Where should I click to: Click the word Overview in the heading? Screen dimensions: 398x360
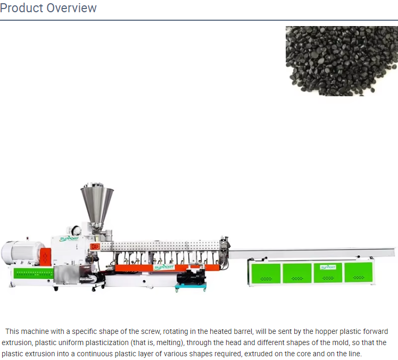72,8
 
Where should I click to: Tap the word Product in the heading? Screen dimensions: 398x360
22,8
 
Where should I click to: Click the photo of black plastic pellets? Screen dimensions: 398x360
342,61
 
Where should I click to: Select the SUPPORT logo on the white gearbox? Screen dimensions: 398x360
69,239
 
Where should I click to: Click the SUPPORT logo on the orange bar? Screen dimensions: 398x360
164,267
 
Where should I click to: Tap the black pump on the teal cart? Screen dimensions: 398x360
191,277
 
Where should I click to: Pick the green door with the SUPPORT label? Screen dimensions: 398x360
328,273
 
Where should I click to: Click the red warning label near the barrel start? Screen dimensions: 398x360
95,247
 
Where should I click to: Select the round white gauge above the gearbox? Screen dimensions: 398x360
76,230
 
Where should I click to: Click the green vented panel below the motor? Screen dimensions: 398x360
34,273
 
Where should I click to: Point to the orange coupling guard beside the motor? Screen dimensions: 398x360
45,257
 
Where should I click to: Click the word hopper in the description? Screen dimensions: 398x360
325,331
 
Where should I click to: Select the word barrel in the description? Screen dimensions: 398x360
242,331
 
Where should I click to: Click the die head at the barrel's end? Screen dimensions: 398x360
225,251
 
